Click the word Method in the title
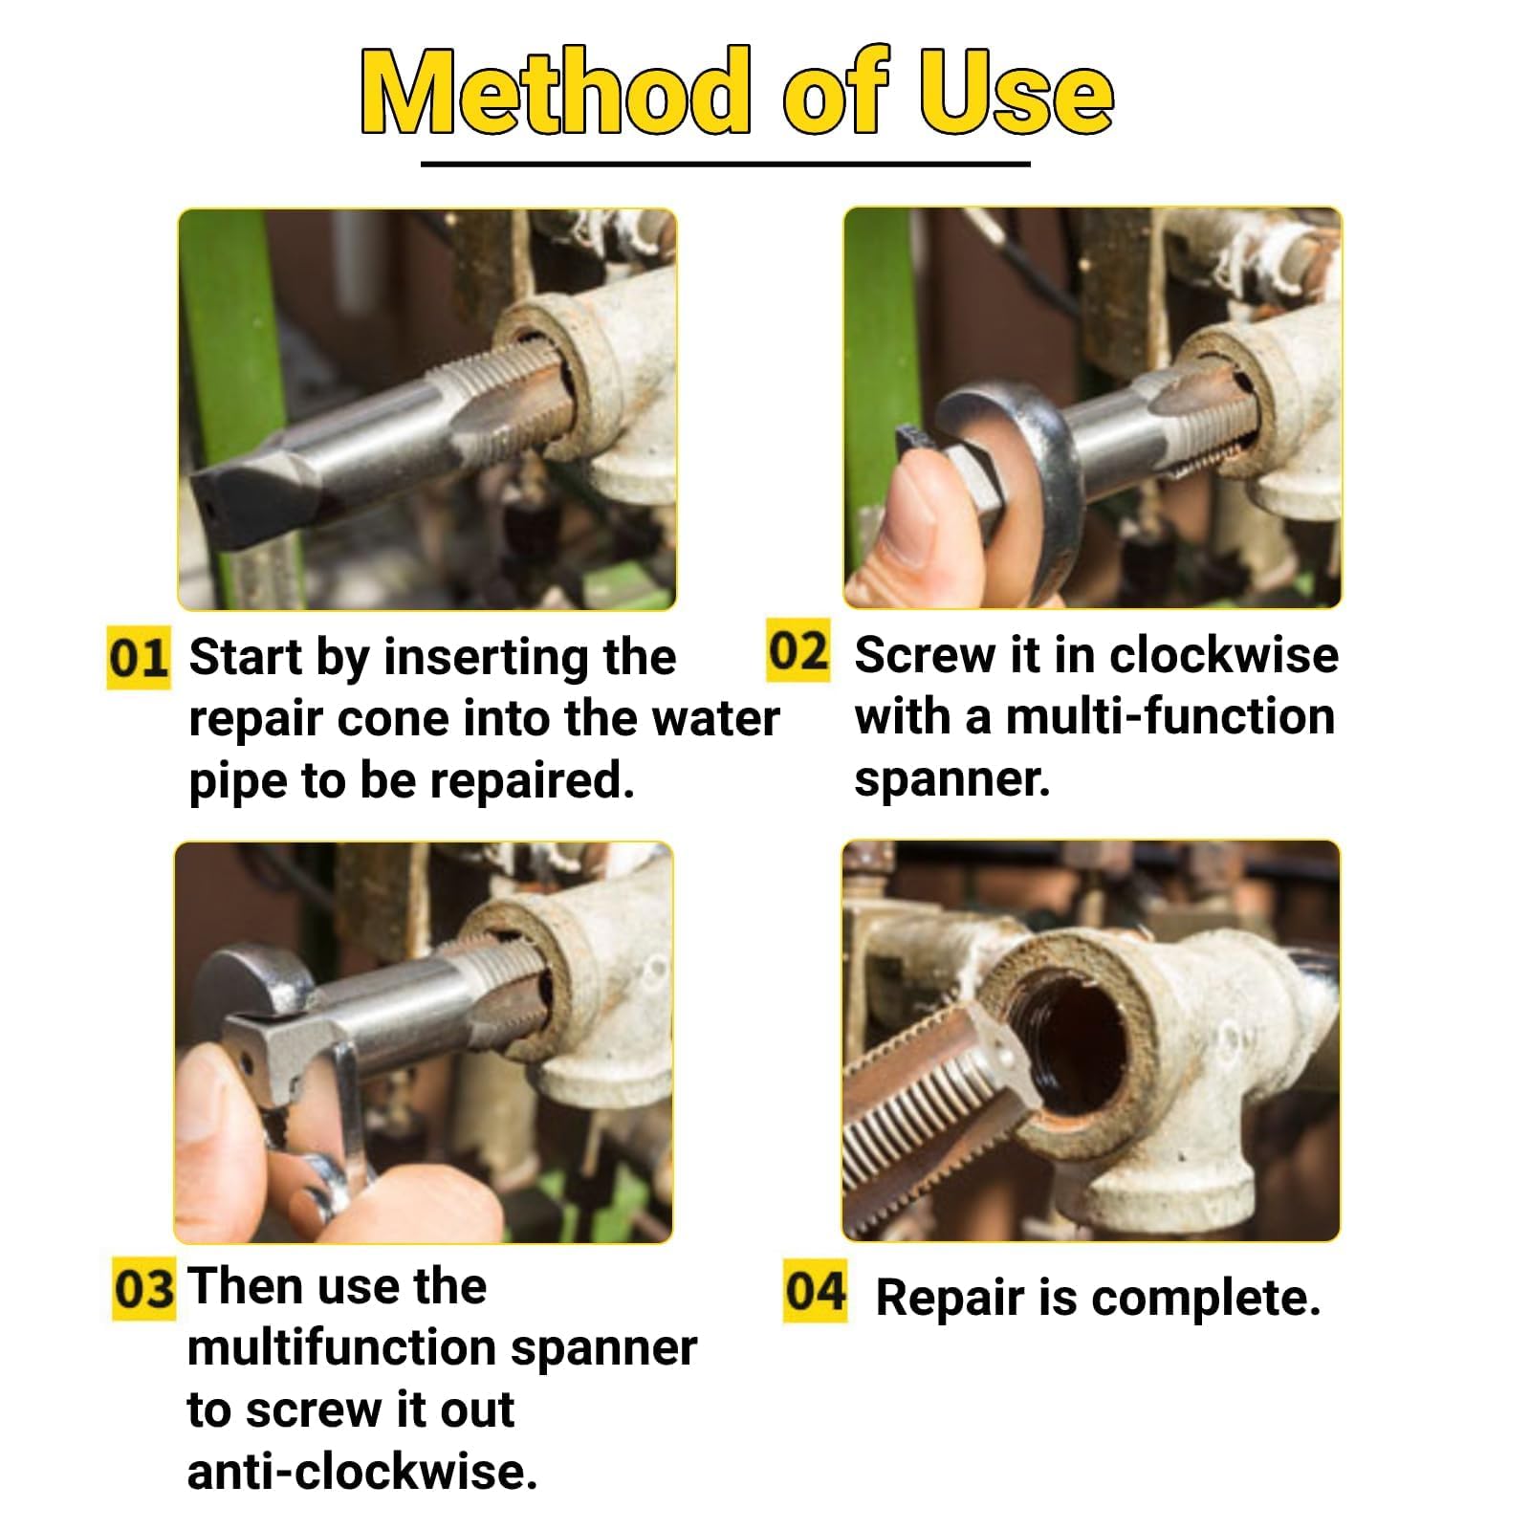556,90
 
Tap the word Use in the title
1016,90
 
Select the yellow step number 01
138,658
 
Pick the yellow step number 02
798,651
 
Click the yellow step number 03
143,1289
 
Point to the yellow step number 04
815,1291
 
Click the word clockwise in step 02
1224,655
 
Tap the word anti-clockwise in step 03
362,1471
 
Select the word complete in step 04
1206,1300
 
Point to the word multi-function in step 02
1169,716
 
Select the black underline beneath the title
726,164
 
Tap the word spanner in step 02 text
952,780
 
